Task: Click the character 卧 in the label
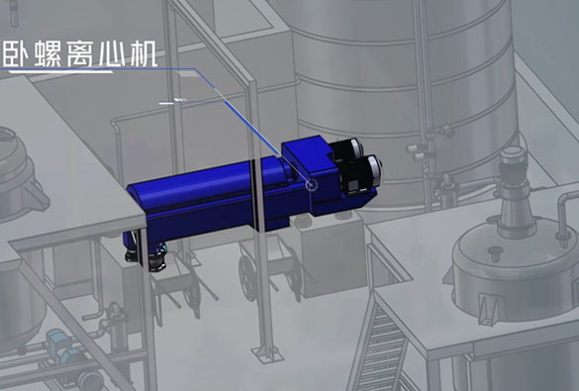click(x=16, y=54)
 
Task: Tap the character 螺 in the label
click(x=48, y=54)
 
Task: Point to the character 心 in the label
click(x=112, y=54)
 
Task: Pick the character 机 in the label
click(x=145, y=54)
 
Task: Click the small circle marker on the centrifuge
click(x=311, y=184)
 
